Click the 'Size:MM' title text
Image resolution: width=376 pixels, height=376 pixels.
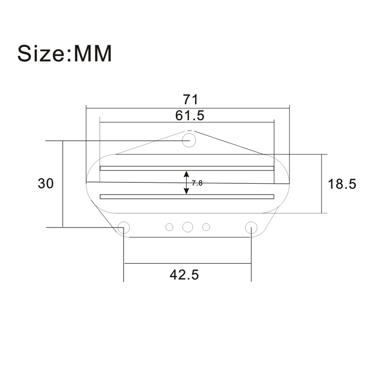[64, 53]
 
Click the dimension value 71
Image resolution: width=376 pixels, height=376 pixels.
[190, 100]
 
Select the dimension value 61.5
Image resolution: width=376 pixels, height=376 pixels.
[190, 115]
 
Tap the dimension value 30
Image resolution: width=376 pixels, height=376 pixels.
[46, 184]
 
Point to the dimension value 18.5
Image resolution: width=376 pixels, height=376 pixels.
[342, 184]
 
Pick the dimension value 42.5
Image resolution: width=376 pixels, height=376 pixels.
[184, 275]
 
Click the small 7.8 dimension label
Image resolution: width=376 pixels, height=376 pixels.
[197, 183]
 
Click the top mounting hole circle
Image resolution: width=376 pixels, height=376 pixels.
[189, 140]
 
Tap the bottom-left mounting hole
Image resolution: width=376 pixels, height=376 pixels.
[124, 226]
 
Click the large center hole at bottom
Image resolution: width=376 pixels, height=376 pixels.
[188, 227]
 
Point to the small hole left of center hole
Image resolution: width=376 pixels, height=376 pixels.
[169, 227]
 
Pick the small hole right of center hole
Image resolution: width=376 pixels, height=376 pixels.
[206, 227]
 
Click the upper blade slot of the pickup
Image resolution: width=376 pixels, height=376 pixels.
[187, 168]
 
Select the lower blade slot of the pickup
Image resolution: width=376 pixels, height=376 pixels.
[187, 197]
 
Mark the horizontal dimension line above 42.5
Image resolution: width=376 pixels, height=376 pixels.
[187, 264]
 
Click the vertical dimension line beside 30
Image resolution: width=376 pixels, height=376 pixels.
[63, 184]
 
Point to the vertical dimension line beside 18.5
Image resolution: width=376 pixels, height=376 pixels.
[321, 184]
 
